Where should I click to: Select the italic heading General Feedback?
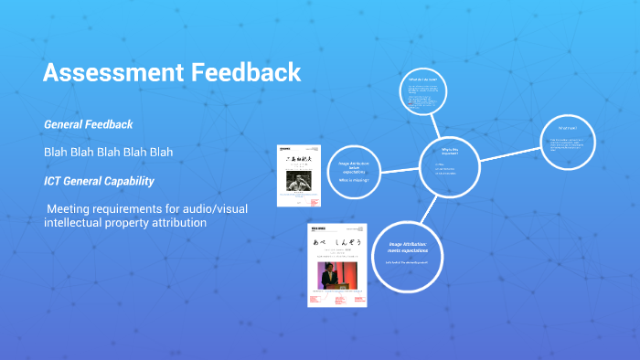88,123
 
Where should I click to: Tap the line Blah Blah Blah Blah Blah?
108,152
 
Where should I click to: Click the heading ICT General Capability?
99,180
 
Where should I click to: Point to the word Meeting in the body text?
72,209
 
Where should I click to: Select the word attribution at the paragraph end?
174,223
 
